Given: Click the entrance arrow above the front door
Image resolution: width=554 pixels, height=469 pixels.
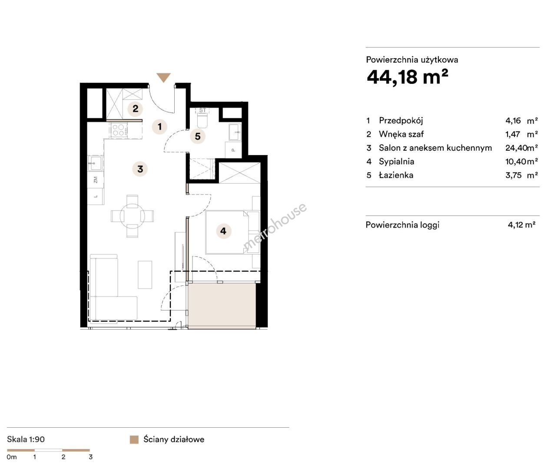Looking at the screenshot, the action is [163, 77].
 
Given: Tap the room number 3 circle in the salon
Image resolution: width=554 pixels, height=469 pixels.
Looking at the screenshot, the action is [140, 169].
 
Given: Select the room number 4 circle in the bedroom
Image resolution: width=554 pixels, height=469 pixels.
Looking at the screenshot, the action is [223, 231].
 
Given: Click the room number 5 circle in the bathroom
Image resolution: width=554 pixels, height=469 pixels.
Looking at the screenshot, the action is [198, 136].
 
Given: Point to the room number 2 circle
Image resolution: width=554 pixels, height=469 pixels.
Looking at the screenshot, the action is [136, 109].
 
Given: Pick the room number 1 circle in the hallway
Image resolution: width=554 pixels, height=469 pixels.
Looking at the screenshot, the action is [160, 126].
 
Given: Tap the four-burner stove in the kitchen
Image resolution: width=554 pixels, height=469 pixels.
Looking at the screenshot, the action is [119, 130].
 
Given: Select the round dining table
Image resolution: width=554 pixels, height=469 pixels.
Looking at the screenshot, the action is [133, 216].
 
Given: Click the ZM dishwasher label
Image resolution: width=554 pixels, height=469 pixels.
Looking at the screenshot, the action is [95, 180].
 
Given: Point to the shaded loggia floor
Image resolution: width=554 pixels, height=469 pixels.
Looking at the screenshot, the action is [222, 306].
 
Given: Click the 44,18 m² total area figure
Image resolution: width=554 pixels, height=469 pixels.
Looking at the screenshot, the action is [407, 77].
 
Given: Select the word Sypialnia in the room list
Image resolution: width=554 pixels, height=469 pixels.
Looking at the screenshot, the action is [396, 162].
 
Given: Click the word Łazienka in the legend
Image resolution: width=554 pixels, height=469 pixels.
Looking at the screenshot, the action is [396, 175].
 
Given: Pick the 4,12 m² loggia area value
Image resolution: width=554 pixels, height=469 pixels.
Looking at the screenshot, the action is [521, 225].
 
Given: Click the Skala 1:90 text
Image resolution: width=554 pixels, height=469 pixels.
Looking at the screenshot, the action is [26, 439].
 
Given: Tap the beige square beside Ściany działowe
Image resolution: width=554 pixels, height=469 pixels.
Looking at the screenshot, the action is [134, 439].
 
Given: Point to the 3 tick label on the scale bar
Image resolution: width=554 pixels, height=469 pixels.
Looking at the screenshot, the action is [90, 457].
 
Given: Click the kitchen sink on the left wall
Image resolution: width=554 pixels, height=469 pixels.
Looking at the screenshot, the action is [95, 163].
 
